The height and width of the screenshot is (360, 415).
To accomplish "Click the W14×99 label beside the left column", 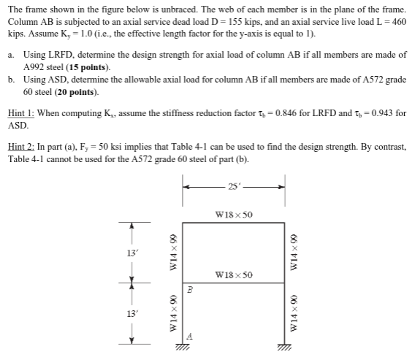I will [x=173, y=253].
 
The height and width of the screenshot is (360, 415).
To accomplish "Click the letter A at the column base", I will [x=189, y=337].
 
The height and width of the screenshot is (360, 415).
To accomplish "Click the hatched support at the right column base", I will [x=283, y=350].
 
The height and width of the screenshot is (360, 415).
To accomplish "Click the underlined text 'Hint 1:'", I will [x=23, y=114].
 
